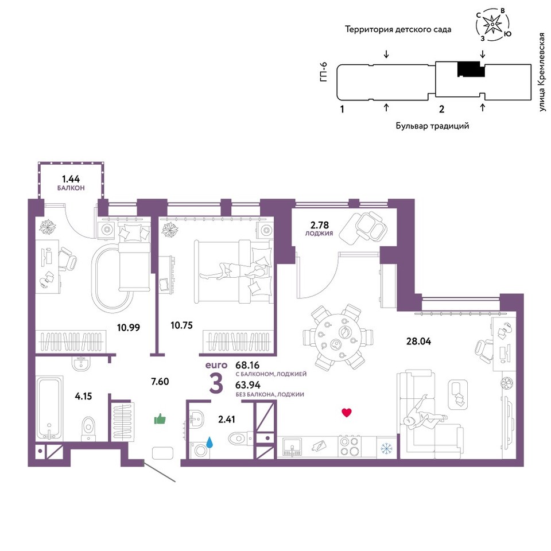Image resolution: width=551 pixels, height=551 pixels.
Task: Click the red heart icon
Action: [347, 413]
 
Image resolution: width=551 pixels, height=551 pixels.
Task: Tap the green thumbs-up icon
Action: [160, 419]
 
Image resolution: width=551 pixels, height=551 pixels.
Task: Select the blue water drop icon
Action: [209, 443]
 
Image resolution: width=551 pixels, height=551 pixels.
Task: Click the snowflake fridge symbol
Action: [386, 448]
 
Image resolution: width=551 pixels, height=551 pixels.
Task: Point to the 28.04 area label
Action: [418, 341]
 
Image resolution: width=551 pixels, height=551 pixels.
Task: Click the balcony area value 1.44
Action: [71, 179]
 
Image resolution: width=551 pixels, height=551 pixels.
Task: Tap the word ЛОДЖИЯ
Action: [319, 234]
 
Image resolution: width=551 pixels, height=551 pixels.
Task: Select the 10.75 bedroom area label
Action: [182, 325]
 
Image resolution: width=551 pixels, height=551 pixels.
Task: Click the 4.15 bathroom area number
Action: [83, 397]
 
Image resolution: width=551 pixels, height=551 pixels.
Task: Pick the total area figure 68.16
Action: [247, 365]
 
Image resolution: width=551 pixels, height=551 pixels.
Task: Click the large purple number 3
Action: [216, 384]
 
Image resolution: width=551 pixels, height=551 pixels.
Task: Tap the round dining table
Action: [337, 337]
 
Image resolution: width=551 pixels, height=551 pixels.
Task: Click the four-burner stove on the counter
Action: [350, 447]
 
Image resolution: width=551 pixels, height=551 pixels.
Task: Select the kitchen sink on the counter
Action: [292, 447]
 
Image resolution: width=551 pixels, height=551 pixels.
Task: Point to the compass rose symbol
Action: [492, 24]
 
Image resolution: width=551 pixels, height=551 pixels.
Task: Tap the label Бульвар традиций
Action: [432, 126]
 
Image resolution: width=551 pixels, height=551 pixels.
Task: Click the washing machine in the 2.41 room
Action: [200, 450]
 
